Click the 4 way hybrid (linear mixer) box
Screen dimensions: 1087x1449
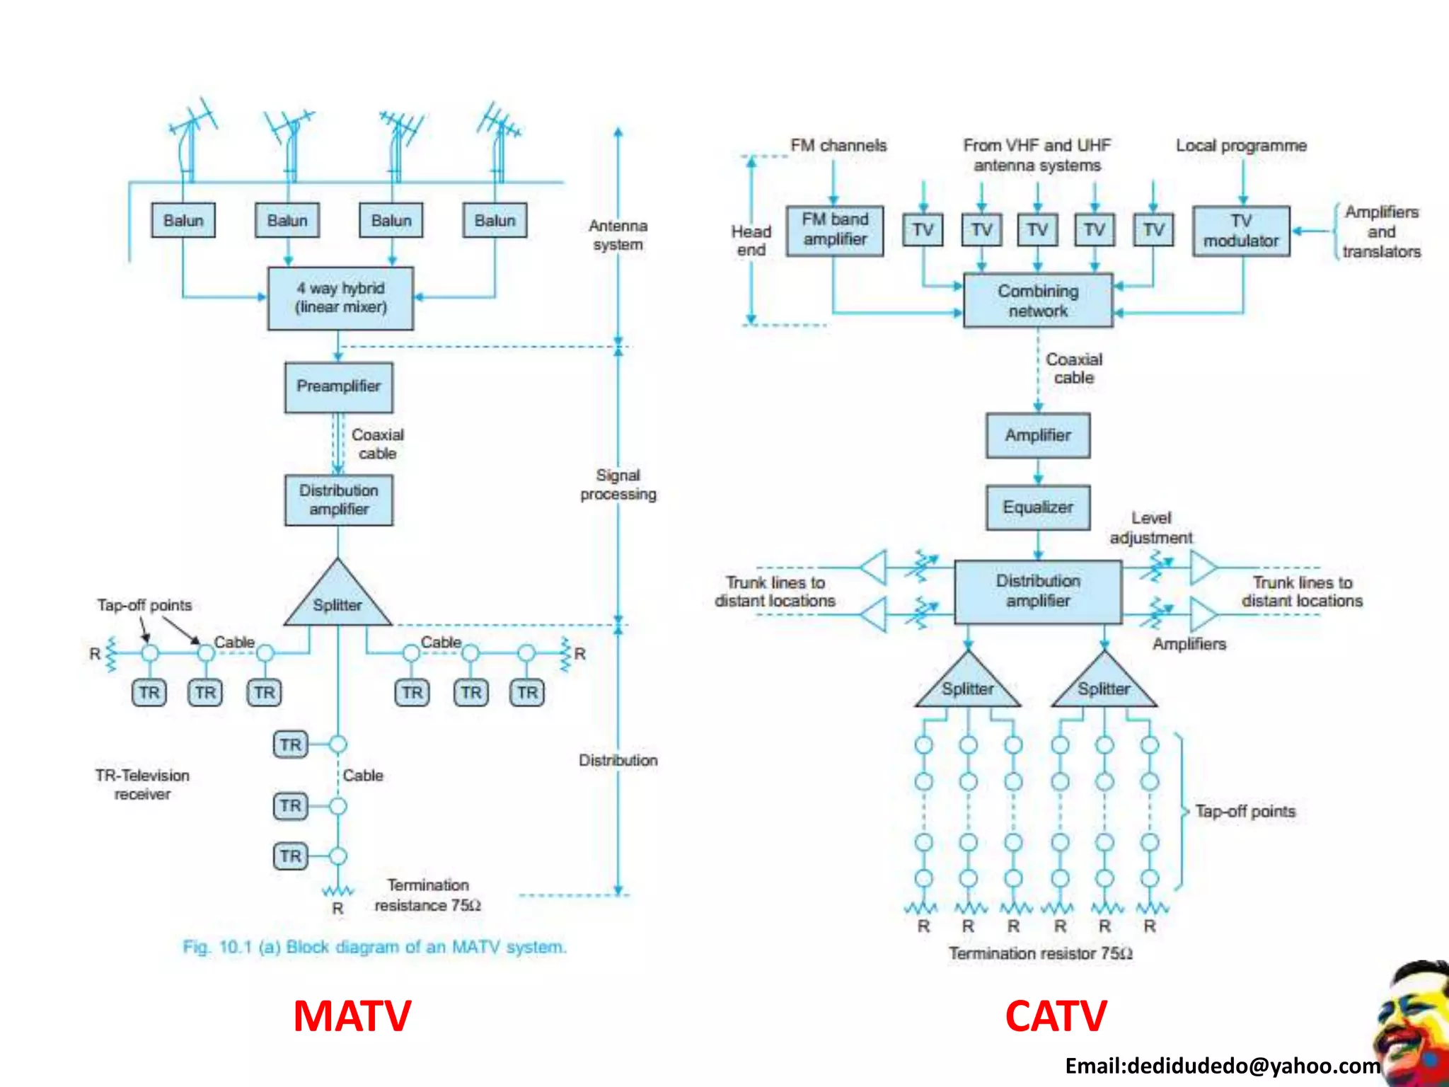pyautogui.click(x=340, y=298)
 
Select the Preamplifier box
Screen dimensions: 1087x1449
pyautogui.click(x=338, y=386)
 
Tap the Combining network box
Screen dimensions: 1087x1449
pyautogui.click(x=1037, y=301)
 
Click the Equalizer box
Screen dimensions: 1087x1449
pyautogui.click(x=1037, y=507)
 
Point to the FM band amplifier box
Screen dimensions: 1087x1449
pyautogui.click(x=834, y=230)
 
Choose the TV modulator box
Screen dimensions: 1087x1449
pyautogui.click(x=1241, y=231)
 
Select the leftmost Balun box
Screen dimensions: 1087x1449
pyautogui.click(x=183, y=220)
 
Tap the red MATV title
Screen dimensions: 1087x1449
pyautogui.click(x=352, y=1016)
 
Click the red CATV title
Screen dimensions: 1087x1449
pyautogui.click(x=1056, y=1016)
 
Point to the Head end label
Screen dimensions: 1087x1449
pyautogui.click(x=751, y=241)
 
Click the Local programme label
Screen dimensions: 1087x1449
pyautogui.click(x=1241, y=146)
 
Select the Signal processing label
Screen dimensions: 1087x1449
pyautogui.click(x=618, y=485)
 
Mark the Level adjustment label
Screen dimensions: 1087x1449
pyautogui.click(x=1150, y=528)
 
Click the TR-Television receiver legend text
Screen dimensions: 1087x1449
pyautogui.click(x=142, y=784)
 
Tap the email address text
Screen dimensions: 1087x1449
pyautogui.click(x=1222, y=1066)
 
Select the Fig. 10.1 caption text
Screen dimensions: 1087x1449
pyautogui.click(x=374, y=947)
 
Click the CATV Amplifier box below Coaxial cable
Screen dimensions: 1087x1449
pyautogui.click(x=1037, y=435)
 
